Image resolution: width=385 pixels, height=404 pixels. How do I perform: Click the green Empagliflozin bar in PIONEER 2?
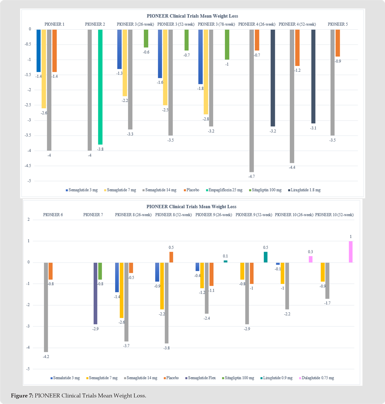(x=100, y=87)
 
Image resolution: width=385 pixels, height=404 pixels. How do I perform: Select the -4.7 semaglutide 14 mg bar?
(x=252, y=101)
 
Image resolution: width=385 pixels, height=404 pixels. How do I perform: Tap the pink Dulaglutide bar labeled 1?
(x=351, y=252)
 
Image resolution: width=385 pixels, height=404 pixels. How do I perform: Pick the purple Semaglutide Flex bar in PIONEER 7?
(x=95, y=293)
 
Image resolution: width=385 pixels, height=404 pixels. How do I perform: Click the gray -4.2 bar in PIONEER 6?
(x=46, y=307)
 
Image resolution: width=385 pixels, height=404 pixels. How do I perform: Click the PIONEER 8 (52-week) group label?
(x=173, y=215)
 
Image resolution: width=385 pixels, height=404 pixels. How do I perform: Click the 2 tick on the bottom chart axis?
(x=29, y=219)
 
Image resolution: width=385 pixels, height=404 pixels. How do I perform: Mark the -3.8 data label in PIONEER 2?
(x=100, y=149)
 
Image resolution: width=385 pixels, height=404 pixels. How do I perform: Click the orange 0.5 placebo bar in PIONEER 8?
(x=171, y=257)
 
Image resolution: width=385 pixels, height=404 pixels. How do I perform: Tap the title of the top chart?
(x=192, y=16)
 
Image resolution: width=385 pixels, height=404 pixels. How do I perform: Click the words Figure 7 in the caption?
(x=22, y=396)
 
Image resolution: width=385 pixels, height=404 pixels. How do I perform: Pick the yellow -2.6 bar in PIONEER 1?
(x=44, y=69)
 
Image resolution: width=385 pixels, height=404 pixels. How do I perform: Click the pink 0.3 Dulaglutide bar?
(x=311, y=259)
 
